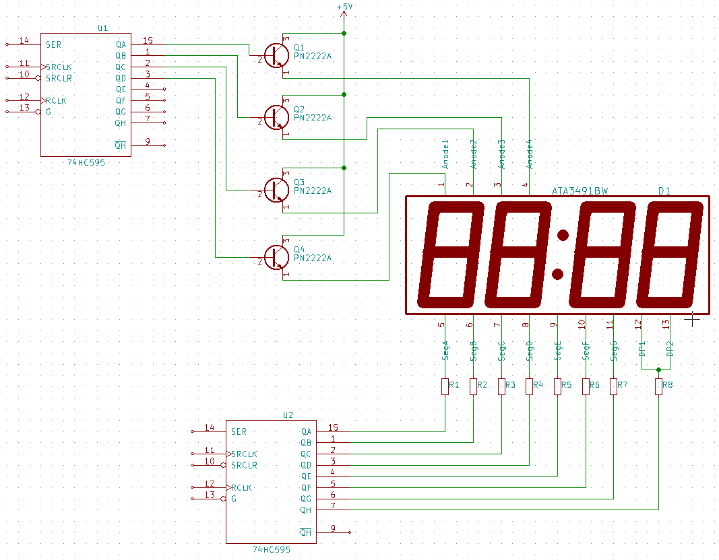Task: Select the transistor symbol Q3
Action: pyautogui.click(x=275, y=190)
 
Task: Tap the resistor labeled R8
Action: pyautogui.click(x=658, y=386)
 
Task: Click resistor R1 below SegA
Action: pyautogui.click(x=445, y=386)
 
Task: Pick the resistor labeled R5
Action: pyautogui.click(x=557, y=386)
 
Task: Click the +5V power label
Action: pyautogui.click(x=344, y=7)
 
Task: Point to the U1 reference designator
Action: pyautogui.click(x=102, y=28)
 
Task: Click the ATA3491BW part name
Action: pyautogui.click(x=580, y=191)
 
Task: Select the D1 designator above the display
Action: pyautogui.click(x=664, y=191)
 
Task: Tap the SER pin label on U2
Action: pyautogui.click(x=239, y=431)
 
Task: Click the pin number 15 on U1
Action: pyautogui.click(x=148, y=41)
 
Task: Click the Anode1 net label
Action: pyautogui.click(x=445, y=154)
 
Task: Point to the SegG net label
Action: pyautogui.click(x=614, y=351)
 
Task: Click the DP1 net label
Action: pyautogui.click(x=642, y=347)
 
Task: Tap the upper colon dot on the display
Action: pyautogui.click(x=563, y=235)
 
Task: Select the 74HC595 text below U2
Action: pyautogui.click(x=271, y=550)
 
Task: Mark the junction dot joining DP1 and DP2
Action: pyautogui.click(x=658, y=370)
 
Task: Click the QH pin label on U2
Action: pyautogui.click(x=306, y=510)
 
